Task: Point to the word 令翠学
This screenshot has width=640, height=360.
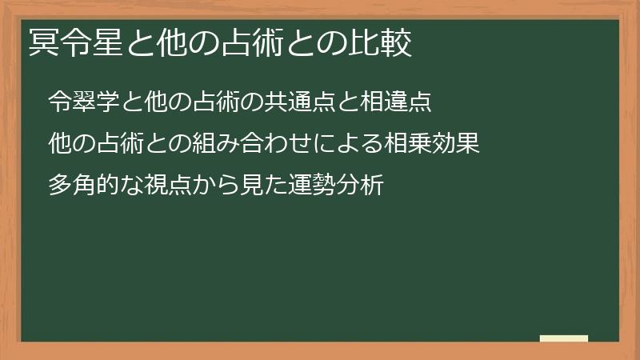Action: (x=83, y=102)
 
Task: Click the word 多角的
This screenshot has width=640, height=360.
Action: (x=83, y=186)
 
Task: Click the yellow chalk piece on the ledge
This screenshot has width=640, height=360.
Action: (x=563, y=338)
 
